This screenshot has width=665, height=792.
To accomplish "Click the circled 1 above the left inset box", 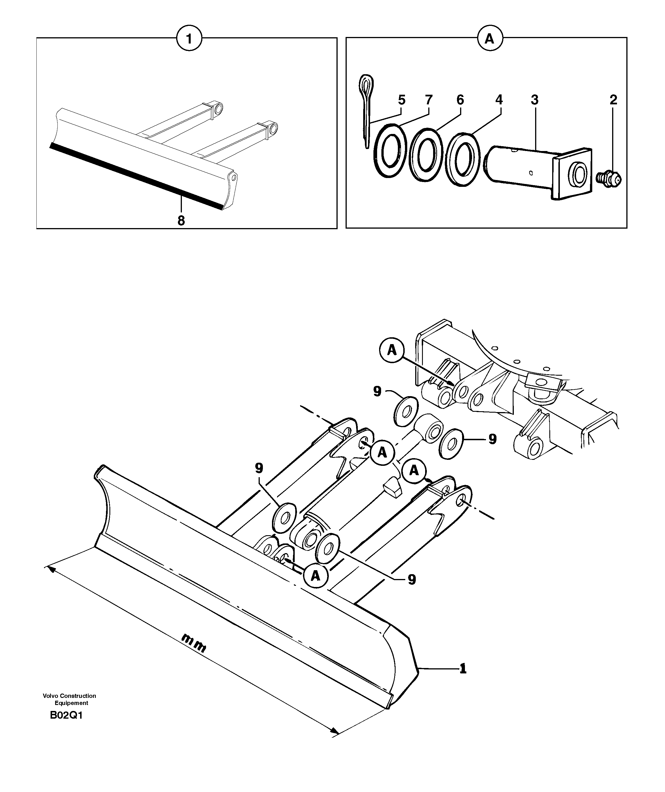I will [189, 38].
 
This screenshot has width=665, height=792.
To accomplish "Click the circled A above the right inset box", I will [489, 38].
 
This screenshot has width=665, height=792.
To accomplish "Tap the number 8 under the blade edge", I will [181, 221].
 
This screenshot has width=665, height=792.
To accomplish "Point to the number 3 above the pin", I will [534, 100].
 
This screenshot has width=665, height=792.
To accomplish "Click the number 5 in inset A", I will [402, 100].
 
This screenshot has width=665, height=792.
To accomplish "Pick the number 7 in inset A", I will [429, 100].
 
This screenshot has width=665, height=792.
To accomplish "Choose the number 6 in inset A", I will [460, 100].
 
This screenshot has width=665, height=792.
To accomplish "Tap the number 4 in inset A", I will [499, 100].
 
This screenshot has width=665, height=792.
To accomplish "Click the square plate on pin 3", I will [572, 173].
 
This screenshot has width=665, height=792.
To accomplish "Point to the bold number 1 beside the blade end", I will [463, 669].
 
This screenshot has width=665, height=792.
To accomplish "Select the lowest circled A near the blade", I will [315, 576].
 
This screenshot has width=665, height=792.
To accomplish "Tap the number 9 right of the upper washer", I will [492, 439].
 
